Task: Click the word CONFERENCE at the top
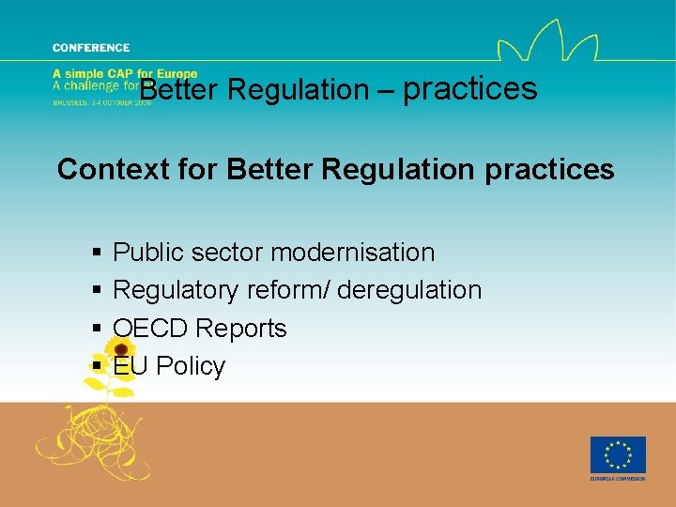coord(91,48)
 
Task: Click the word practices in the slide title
coord(470,89)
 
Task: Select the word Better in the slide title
coord(179,90)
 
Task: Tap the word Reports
coord(241,329)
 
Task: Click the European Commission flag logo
coord(618,455)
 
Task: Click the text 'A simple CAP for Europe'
coord(125,74)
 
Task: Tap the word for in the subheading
coord(195,170)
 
